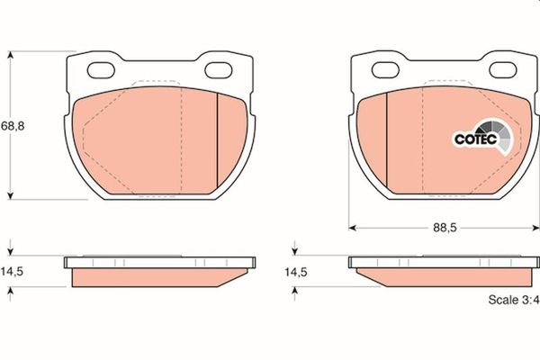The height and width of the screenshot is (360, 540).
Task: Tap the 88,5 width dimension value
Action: coord(438,229)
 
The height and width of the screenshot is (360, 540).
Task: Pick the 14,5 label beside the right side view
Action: coord(297,270)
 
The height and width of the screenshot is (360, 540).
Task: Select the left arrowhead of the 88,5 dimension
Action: coord(353,228)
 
